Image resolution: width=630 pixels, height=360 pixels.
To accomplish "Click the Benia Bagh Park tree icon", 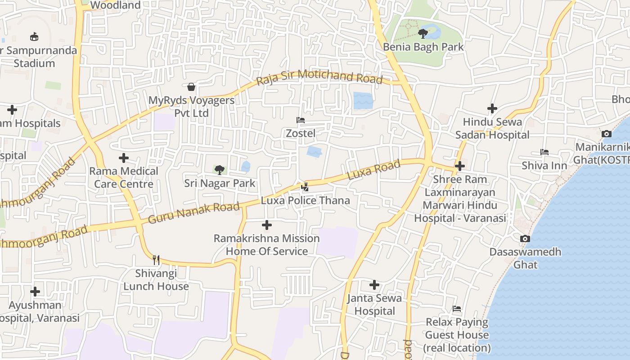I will (x=423, y=33).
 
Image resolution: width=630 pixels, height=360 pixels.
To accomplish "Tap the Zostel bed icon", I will (x=301, y=120).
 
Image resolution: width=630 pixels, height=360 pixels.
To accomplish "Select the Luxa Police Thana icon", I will (x=305, y=187).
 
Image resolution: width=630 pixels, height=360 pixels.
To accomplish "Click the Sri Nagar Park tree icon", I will (x=220, y=170).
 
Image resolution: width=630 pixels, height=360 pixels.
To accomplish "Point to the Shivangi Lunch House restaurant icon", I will (x=156, y=260).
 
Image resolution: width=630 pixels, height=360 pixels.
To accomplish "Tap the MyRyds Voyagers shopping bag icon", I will (x=191, y=86).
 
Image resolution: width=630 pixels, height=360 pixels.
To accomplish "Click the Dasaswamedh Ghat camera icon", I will (x=525, y=238).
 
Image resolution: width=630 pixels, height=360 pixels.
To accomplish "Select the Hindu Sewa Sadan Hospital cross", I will (x=492, y=108).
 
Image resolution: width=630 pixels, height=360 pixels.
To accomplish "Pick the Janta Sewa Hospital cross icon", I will (x=374, y=284).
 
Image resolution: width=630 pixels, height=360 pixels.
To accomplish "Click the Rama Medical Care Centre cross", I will (x=124, y=158).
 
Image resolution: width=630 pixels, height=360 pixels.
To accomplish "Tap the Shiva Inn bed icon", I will (x=544, y=152).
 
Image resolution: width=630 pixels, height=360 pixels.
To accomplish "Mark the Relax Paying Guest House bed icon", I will (x=457, y=309).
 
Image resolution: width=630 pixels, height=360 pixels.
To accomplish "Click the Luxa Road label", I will (x=373, y=171).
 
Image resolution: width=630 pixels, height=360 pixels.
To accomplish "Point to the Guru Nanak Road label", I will (x=193, y=213).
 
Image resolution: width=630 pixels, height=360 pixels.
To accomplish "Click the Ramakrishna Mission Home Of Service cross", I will (x=267, y=225).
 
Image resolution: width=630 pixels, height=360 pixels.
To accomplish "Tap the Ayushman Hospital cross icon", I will (x=35, y=292).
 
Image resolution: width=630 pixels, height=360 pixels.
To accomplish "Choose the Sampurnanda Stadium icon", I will (x=34, y=37).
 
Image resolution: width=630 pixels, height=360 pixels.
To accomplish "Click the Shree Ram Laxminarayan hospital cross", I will (x=459, y=166).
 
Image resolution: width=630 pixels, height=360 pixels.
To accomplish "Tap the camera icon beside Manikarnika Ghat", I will (x=606, y=134).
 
